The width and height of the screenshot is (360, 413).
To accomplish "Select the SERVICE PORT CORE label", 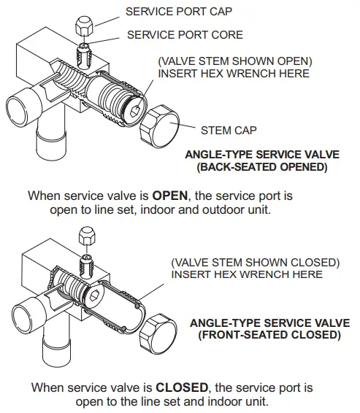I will [185, 34].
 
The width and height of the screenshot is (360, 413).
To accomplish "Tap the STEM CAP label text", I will [230, 131].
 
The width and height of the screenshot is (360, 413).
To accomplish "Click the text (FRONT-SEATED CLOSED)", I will [269, 335].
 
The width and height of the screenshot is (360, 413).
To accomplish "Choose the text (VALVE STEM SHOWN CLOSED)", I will [255, 262].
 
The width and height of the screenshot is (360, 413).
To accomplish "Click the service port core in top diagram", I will [83, 53].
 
